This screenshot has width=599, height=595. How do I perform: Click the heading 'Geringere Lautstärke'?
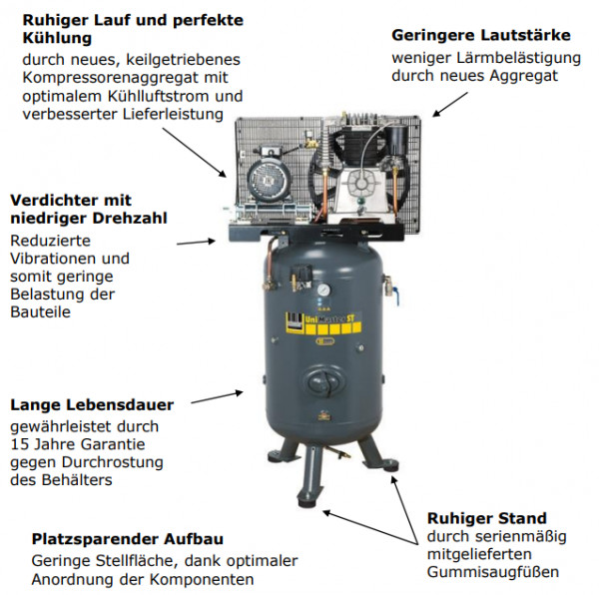[481, 36]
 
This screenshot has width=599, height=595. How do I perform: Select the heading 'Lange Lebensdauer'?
[92, 404]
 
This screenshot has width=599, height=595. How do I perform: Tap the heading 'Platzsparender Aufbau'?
[128, 539]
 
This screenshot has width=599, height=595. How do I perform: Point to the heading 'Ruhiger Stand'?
[487, 518]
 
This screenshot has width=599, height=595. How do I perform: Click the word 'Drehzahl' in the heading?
[130, 218]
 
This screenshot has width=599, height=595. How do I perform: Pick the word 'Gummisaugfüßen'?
[493, 572]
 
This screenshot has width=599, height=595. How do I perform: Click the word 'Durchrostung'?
[112, 462]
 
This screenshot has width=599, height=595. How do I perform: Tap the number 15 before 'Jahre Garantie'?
[18, 444]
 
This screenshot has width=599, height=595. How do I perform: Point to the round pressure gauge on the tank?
[323, 291]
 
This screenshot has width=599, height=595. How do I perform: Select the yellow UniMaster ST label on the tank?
[323, 323]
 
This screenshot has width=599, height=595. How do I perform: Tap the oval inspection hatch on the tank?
[323, 380]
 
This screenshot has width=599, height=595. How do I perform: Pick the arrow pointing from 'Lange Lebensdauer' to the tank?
[217, 397]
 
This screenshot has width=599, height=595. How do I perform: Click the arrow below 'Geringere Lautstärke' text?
[450, 104]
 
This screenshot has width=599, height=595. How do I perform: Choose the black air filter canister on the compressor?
[394, 139]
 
